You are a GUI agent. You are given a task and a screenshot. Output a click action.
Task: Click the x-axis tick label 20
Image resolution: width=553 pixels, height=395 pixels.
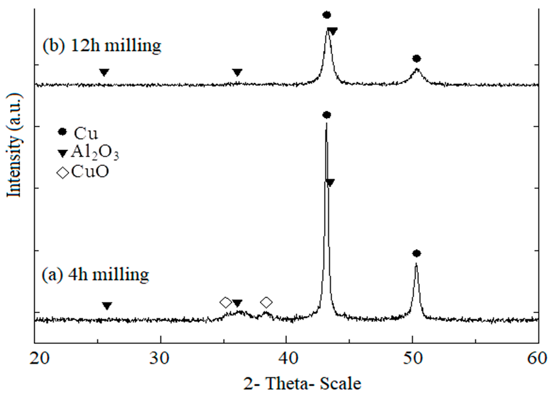click(40, 359)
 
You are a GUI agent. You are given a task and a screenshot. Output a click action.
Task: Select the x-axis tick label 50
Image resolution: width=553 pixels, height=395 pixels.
click(413, 359)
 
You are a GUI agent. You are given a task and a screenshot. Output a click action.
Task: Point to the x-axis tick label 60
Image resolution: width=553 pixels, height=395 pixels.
click(538, 359)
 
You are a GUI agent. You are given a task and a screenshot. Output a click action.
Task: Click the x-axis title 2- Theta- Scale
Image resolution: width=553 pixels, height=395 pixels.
click(302, 384)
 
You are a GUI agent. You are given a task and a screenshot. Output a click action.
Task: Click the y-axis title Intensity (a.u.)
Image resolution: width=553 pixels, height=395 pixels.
click(14, 145)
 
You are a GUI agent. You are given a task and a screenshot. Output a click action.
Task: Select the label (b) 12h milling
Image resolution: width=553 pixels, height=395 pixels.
click(102, 46)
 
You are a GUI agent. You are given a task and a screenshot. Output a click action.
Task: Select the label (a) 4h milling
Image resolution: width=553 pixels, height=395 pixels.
click(95, 274)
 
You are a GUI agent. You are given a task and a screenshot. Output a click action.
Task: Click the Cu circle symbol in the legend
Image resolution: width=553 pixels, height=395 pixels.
click(63, 132)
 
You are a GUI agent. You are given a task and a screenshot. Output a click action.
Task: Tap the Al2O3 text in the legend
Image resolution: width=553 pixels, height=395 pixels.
click(95, 153)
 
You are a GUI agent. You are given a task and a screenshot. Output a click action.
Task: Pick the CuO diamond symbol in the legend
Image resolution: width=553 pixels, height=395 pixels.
click(63, 173)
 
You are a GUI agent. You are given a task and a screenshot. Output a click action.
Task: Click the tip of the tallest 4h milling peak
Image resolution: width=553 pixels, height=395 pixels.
click(326, 123)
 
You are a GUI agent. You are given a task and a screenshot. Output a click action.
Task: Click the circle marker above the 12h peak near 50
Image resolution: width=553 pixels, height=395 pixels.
click(417, 59)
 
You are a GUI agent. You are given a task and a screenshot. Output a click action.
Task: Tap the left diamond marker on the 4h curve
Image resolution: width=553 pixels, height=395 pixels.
click(225, 303)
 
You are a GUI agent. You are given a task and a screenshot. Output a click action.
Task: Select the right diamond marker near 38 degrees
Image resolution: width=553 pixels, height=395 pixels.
click(266, 302)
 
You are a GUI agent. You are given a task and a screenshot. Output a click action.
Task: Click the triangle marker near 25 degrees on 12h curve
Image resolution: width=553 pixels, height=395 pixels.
click(104, 72)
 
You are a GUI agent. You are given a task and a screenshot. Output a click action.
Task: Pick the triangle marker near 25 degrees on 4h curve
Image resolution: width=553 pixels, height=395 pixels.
click(107, 306)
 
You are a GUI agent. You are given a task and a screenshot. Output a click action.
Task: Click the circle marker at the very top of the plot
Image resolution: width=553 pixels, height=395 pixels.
click(327, 15)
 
